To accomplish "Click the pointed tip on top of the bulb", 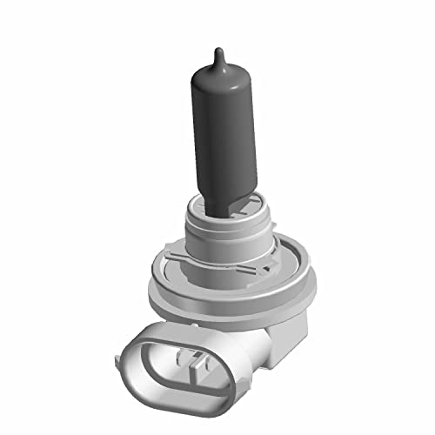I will (218, 48).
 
